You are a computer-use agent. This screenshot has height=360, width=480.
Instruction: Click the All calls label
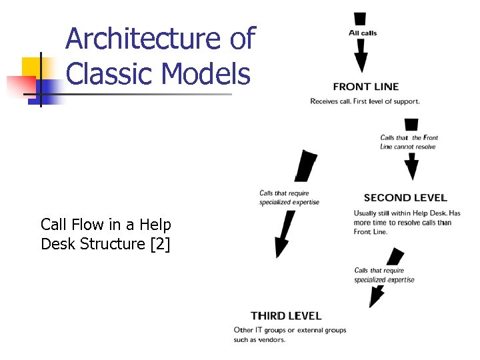[363, 33]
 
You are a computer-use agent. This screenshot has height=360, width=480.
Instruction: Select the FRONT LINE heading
[365, 86]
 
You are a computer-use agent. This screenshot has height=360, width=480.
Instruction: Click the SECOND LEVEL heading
[405, 197]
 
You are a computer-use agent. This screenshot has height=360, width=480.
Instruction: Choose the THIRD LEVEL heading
[286, 315]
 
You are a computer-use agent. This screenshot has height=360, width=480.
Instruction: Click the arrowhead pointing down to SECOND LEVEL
[411, 172]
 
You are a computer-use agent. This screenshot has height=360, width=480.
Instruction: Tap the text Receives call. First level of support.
[365, 101]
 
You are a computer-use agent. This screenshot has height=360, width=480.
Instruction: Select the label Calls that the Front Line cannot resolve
[409, 142]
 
